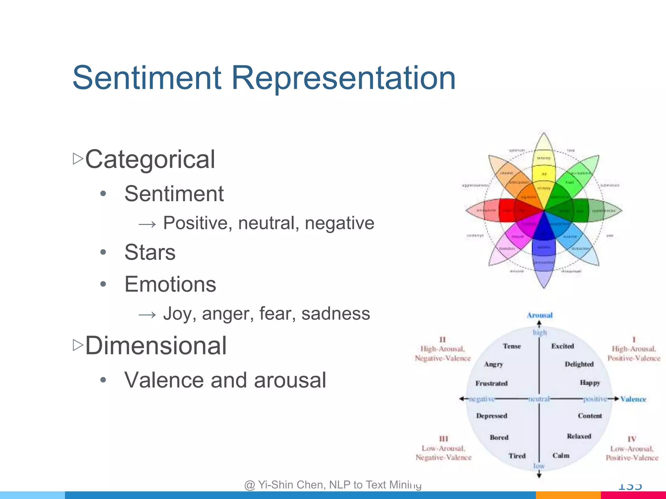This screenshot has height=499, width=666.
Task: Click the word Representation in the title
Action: [x=343, y=78]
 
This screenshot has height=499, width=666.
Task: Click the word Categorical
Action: [x=150, y=159]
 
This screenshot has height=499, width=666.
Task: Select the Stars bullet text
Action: [x=150, y=252]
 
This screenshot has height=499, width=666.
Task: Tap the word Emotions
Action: [x=170, y=284]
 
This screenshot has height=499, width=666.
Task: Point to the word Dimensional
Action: [x=156, y=346]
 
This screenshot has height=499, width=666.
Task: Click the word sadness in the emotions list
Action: [x=336, y=313]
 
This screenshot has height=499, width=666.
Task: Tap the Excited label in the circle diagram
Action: [x=562, y=346]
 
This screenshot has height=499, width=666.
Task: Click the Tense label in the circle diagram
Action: [x=512, y=346]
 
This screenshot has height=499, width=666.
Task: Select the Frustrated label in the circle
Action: [x=491, y=383]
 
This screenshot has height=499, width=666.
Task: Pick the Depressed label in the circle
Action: [x=491, y=416]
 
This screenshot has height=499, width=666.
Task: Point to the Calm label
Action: [x=561, y=455]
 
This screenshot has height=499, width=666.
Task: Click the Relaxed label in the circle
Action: [x=579, y=436]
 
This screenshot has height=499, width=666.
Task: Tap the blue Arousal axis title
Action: [x=539, y=315]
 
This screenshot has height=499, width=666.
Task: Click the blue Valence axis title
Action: [x=633, y=399]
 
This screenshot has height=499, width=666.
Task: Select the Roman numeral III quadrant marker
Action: [x=444, y=439]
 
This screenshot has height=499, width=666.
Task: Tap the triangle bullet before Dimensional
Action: [x=78, y=345]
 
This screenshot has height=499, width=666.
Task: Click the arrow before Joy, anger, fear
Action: [x=147, y=314]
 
